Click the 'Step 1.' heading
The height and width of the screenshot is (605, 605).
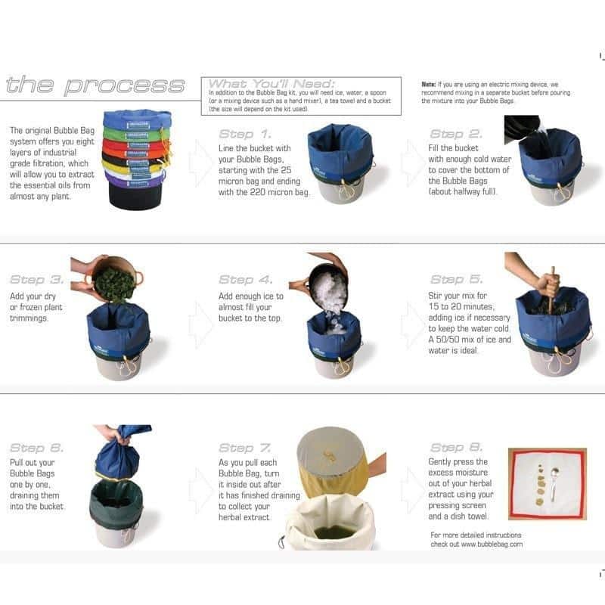tap(245, 134)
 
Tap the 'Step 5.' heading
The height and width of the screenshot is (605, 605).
tap(457, 279)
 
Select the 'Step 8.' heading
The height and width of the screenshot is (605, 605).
tap(457, 447)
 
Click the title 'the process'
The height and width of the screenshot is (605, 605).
tap(95, 85)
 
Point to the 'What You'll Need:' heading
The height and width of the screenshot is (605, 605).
tap(271, 84)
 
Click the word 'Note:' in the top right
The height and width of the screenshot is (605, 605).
tap(429, 84)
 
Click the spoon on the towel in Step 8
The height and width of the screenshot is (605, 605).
tap(554, 483)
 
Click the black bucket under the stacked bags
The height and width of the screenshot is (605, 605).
tap(135, 196)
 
